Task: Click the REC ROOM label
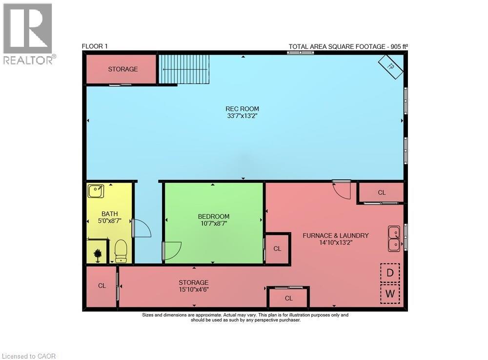(x=242, y=109)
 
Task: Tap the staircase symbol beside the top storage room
(x=183, y=69)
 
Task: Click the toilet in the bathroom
(x=121, y=251)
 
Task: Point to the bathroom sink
(x=95, y=191)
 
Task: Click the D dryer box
(x=390, y=273)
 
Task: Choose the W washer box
(x=390, y=294)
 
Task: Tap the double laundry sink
(x=394, y=238)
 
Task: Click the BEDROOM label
(x=213, y=216)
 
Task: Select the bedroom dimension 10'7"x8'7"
(x=213, y=223)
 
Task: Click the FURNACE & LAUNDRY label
(x=335, y=235)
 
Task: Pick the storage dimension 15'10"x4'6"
(x=193, y=289)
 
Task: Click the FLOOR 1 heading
(x=95, y=46)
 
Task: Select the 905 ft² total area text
(x=396, y=47)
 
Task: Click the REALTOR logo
(x=28, y=34)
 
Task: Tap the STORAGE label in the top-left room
(x=123, y=69)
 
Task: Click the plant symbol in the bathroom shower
(x=98, y=254)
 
